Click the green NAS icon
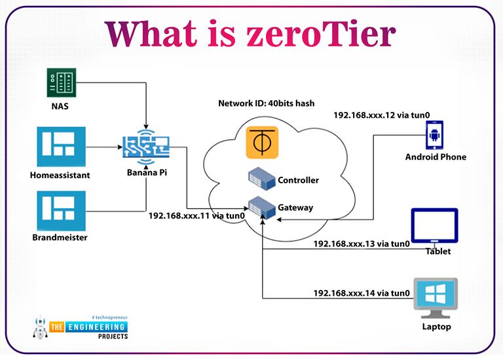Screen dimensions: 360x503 [x=61, y=83]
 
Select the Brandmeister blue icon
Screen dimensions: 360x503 [x=61, y=209]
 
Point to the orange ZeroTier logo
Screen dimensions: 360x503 [x=262, y=143]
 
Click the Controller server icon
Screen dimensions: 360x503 [x=261, y=179]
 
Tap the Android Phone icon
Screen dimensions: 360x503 [x=436, y=134]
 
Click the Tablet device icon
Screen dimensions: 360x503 [x=434, y=226]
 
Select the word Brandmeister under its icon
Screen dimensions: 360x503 [x=61, y=238]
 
